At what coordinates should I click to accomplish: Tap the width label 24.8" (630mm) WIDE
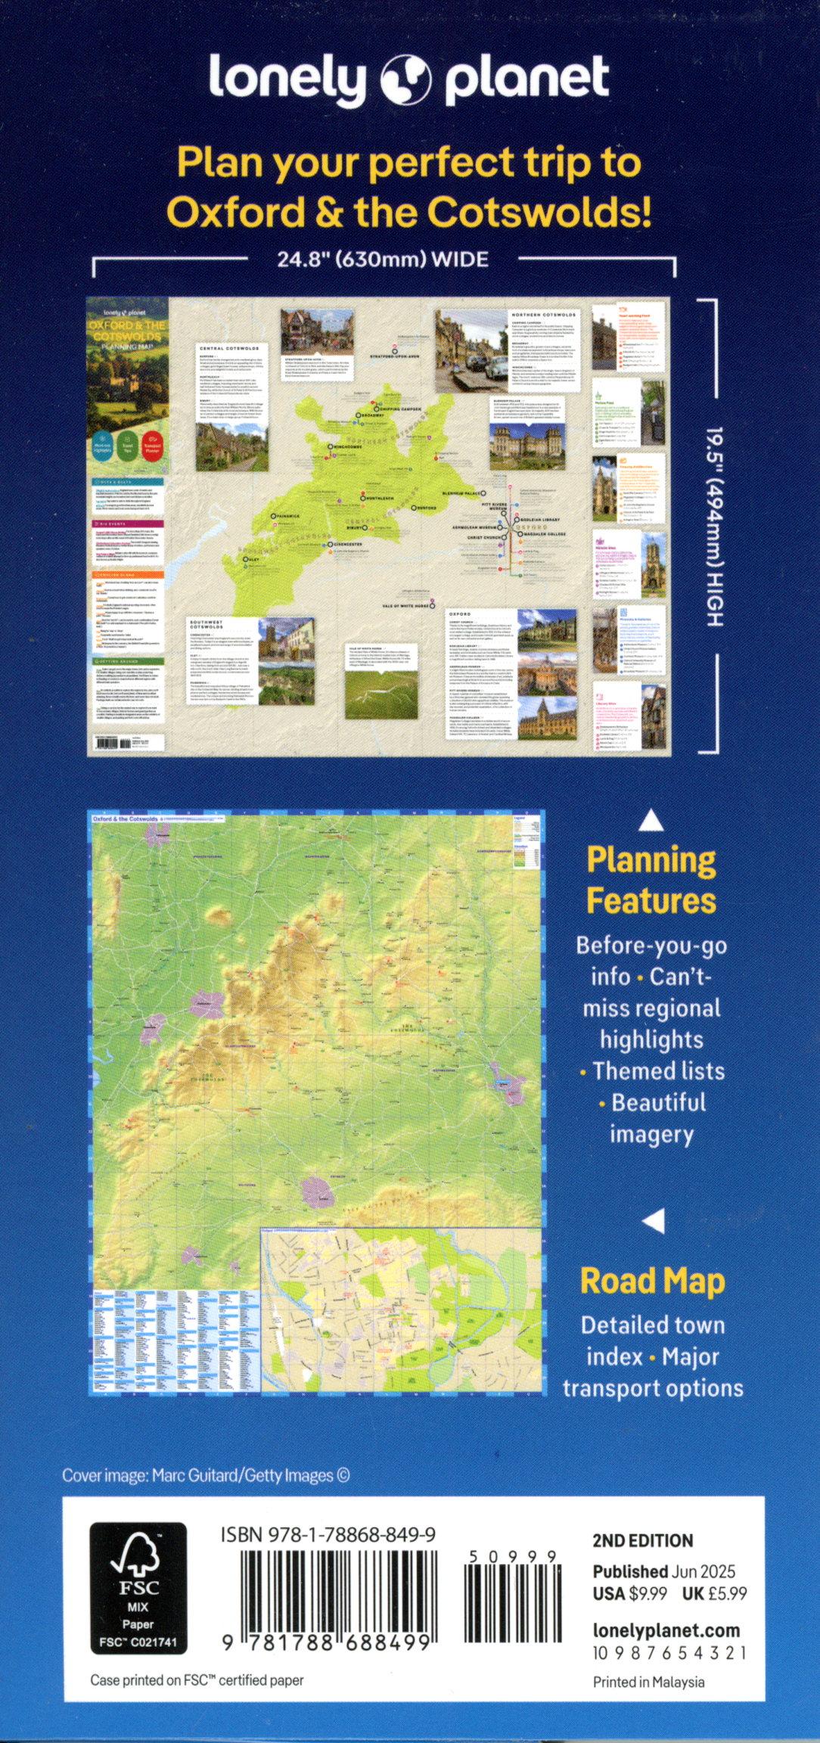coord(382,259)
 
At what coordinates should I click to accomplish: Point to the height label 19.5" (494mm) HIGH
coord(716,527)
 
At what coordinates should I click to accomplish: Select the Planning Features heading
coord(651,881)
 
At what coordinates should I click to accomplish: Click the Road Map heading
coord(652,1282)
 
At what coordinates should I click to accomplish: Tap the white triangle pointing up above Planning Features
coord(651,821)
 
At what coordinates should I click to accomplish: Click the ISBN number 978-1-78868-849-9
coord(328,1535)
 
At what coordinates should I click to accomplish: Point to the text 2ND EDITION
coord(642,1541)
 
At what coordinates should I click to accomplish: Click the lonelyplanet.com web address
coord(666,1630)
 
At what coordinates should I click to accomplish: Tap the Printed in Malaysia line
coord(648,1682)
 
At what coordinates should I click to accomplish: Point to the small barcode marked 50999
coord(511,1596)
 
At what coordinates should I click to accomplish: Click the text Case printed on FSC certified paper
coord(197,1680)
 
